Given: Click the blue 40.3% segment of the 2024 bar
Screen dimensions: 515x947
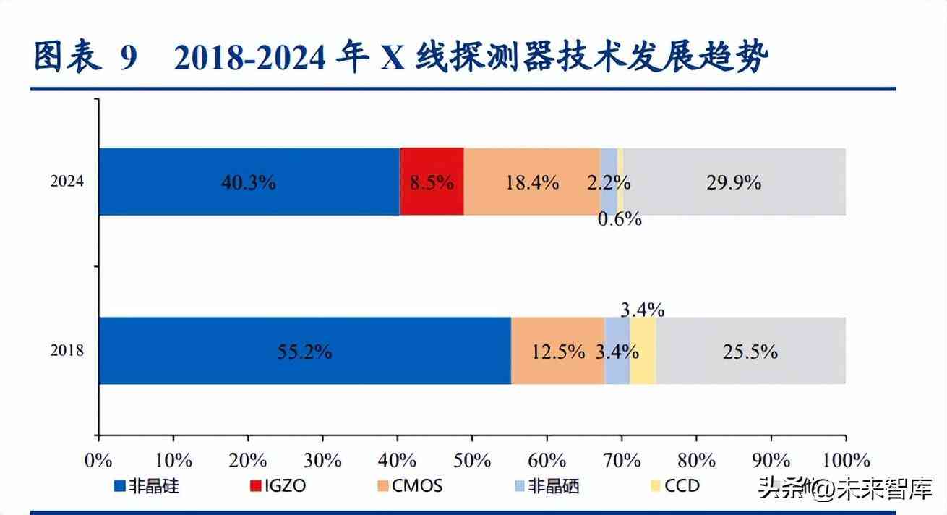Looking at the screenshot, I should click(249, 182).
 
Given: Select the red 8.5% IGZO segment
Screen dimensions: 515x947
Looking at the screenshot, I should click(432, 182).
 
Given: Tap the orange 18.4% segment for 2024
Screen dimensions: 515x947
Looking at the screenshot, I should click(531, 182).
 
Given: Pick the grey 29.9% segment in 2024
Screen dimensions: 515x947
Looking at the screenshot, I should click(734, 182).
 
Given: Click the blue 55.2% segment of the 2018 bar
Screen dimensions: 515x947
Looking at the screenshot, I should click(304, 351).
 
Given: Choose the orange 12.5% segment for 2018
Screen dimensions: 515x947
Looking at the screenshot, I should click(557, 351).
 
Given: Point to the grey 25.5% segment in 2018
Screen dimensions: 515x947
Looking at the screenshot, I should click(750, 351).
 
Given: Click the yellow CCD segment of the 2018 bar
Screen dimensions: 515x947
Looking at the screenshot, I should click(643, 351).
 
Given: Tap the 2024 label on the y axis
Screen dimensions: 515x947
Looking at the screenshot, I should click(67, 182).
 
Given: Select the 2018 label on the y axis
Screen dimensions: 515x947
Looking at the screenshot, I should click(67, 352).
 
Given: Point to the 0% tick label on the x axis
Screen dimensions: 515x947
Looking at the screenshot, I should click(98, 461).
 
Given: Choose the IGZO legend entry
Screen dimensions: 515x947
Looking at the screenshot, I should click(278, 486).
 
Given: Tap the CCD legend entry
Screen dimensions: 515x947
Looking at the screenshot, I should click(674, 486).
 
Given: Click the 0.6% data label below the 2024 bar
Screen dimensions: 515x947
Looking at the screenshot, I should click(620, 219).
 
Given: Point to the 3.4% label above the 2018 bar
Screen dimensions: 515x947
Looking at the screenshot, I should click(642, 310).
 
